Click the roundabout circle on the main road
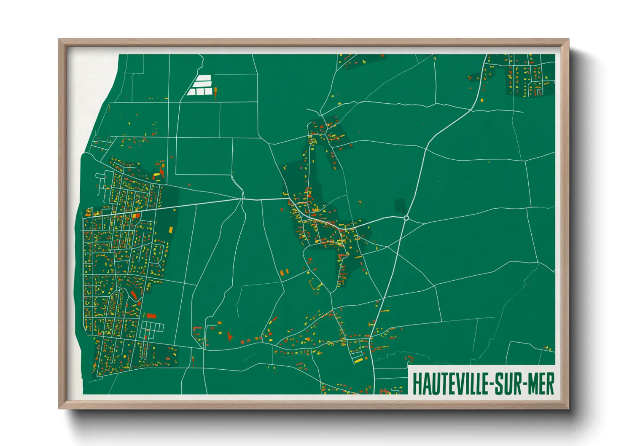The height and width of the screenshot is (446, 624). coord(406,218)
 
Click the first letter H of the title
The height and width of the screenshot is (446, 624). coord(417,383)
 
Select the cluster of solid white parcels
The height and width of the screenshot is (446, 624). coord(200,86)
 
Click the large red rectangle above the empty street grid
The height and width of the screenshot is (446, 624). coord(151,315)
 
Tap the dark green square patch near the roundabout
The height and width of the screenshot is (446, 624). coord(400,206)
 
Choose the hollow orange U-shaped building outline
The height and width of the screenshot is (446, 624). coord(315,285)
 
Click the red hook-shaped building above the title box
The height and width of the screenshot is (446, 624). coord(409,359)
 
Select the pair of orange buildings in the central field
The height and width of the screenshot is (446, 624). coord(285,272)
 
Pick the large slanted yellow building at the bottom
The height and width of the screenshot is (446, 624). coord(358,359)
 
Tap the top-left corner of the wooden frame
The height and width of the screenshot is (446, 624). coord(59,40)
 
